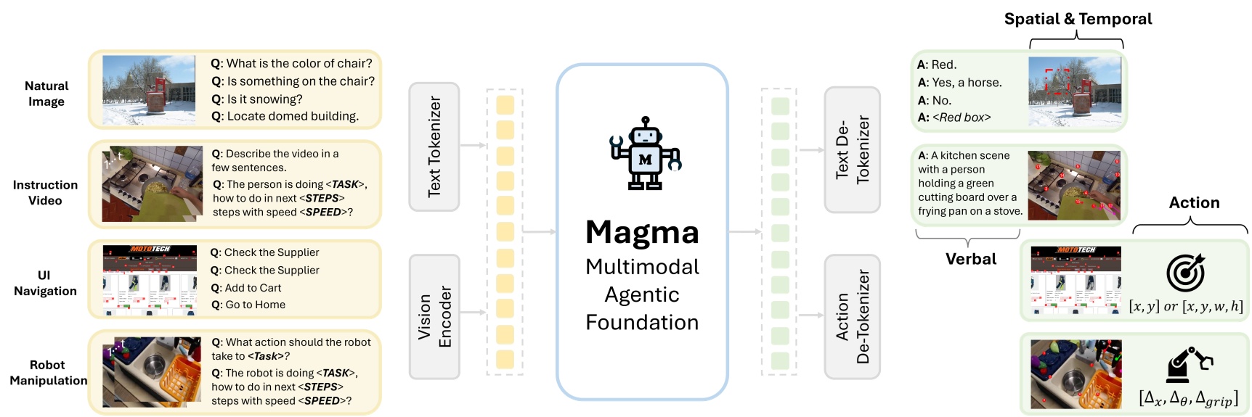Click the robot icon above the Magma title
point(644,154)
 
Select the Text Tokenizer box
point(434,146)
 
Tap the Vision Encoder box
point(434,316)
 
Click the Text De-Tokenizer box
point(852,150)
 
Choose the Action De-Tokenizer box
point(852,316)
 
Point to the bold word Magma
point(642,232)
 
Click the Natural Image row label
point(46,94)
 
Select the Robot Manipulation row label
point(48,373)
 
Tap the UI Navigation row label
point(45,283)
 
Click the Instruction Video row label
point(45,193)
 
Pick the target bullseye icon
point(1185,273)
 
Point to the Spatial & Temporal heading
point(1078,19)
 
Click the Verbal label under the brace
point(970,259)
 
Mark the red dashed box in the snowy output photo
point(1057,81)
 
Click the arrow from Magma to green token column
point(744,232)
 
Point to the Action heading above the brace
point(1194,203)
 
